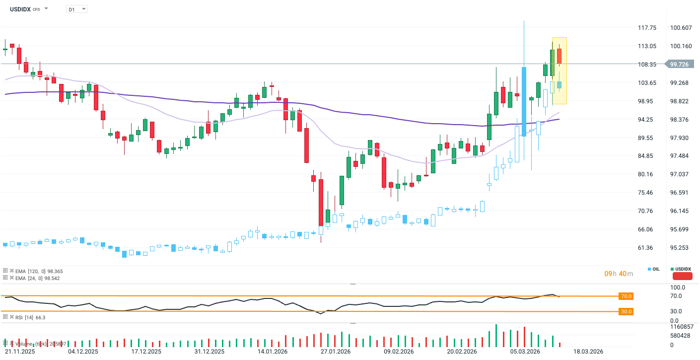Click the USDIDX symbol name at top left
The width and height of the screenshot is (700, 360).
[x=20, y=9]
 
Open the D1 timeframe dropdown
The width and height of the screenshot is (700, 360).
[x=76, y=9]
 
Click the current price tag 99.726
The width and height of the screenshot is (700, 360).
[x=679, y=64]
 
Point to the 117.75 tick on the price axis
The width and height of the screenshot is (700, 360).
[x=647, y=28]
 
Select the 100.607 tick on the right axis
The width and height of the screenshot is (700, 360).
[x=681, y=28]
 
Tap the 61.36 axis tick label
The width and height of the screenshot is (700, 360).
[x=647, y=248]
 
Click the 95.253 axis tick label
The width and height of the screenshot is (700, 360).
[x=681, y=248]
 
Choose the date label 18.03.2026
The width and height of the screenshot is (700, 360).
[x=588, y=352]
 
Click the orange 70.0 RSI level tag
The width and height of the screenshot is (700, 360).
[x=626, y=296]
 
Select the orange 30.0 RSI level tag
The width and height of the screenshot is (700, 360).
[x=626, y=312]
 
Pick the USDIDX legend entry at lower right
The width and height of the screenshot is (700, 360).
[x=682, y=269]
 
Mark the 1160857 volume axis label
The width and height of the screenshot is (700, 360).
[x=681, y=327]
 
